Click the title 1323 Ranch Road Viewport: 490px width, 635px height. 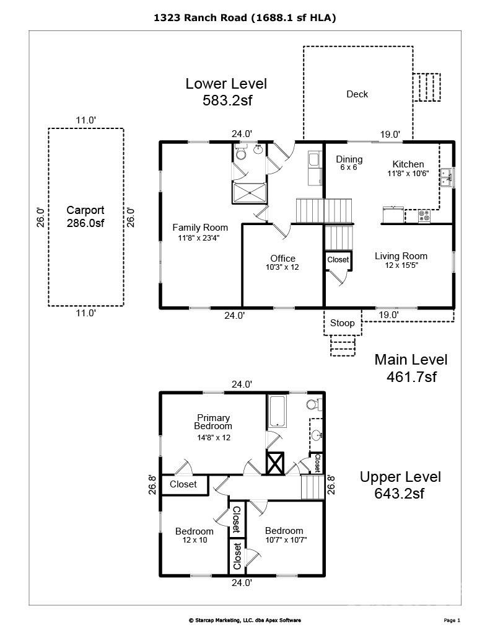click(245, 19)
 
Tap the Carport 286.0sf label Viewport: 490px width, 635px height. click(85, 217)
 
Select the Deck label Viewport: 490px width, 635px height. click(357, 94)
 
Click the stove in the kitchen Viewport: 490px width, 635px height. click(425, 216)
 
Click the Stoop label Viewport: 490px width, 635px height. click(342, 323)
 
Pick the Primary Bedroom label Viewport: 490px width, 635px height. click(213, 422)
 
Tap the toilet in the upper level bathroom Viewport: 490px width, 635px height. click(313, 405)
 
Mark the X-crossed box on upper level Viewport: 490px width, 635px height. click(274, 463)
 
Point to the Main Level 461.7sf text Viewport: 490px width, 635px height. click(411, 368)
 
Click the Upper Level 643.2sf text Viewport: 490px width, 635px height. click(401, 485)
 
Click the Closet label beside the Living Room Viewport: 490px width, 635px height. click(338, 260)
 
